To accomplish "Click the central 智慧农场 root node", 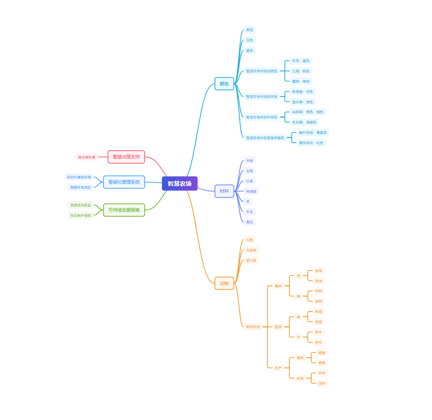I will tap(180, 184).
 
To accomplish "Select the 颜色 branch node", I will tap(224, 84).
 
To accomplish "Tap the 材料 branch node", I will tap(224, 191).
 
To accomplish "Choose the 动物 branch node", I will tap(224, 283).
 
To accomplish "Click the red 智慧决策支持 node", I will tap(126, 157).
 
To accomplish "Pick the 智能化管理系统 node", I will tap(124, 182).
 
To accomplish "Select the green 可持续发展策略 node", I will tap(124, 210).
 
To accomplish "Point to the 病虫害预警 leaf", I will tap(86, 157).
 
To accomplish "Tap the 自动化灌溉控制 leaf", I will tap(79, 177).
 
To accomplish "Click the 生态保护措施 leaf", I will tap(81, 215).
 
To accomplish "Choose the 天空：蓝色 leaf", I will tap(301, 61).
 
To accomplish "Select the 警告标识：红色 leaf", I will tap(311, 143).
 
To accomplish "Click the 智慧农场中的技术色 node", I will tap(262, 97).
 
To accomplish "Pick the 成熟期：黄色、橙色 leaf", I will tap(308, 112).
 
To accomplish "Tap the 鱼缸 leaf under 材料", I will tap(250, 222).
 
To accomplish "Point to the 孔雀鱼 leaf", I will tap(251, 250).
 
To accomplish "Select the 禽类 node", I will tap(278, 286).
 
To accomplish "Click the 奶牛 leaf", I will tap(318, 332).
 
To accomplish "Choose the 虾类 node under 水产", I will tap(300, 378).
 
